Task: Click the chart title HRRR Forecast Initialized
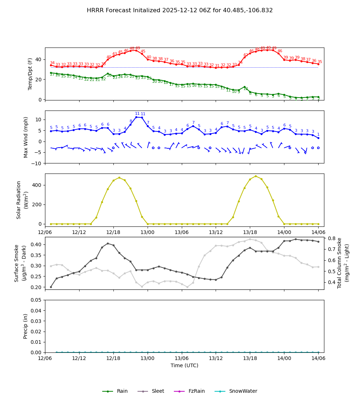pyautogui.click(x=180, y=10)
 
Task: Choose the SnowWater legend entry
pyautogui.click(x=243, y=391)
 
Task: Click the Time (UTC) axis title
pyautogui.click(x=184, y=365)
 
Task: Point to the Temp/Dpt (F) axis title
pyautogui.click(x=31, y=74)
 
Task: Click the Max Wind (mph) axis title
pyautogui.click(x=26, y=137)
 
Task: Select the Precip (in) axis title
pyautogui.click(x=26, y=326)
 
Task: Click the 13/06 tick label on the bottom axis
pyautogui.click(x=181, y=359)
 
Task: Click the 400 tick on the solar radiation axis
pyautogui.click(x=37, y=185)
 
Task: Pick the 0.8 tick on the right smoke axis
pyautogui.click(x=331, y=238)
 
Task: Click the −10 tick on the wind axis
pyautogui.click(x=36, y=163)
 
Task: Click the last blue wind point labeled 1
pyautogui.click(x=318, y=138)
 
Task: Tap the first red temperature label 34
pyautogui.click(x=52, y=63)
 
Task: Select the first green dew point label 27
pyautogui.click(x=52, y=75)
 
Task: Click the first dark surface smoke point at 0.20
pyautogui.click(x=51, y=287)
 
